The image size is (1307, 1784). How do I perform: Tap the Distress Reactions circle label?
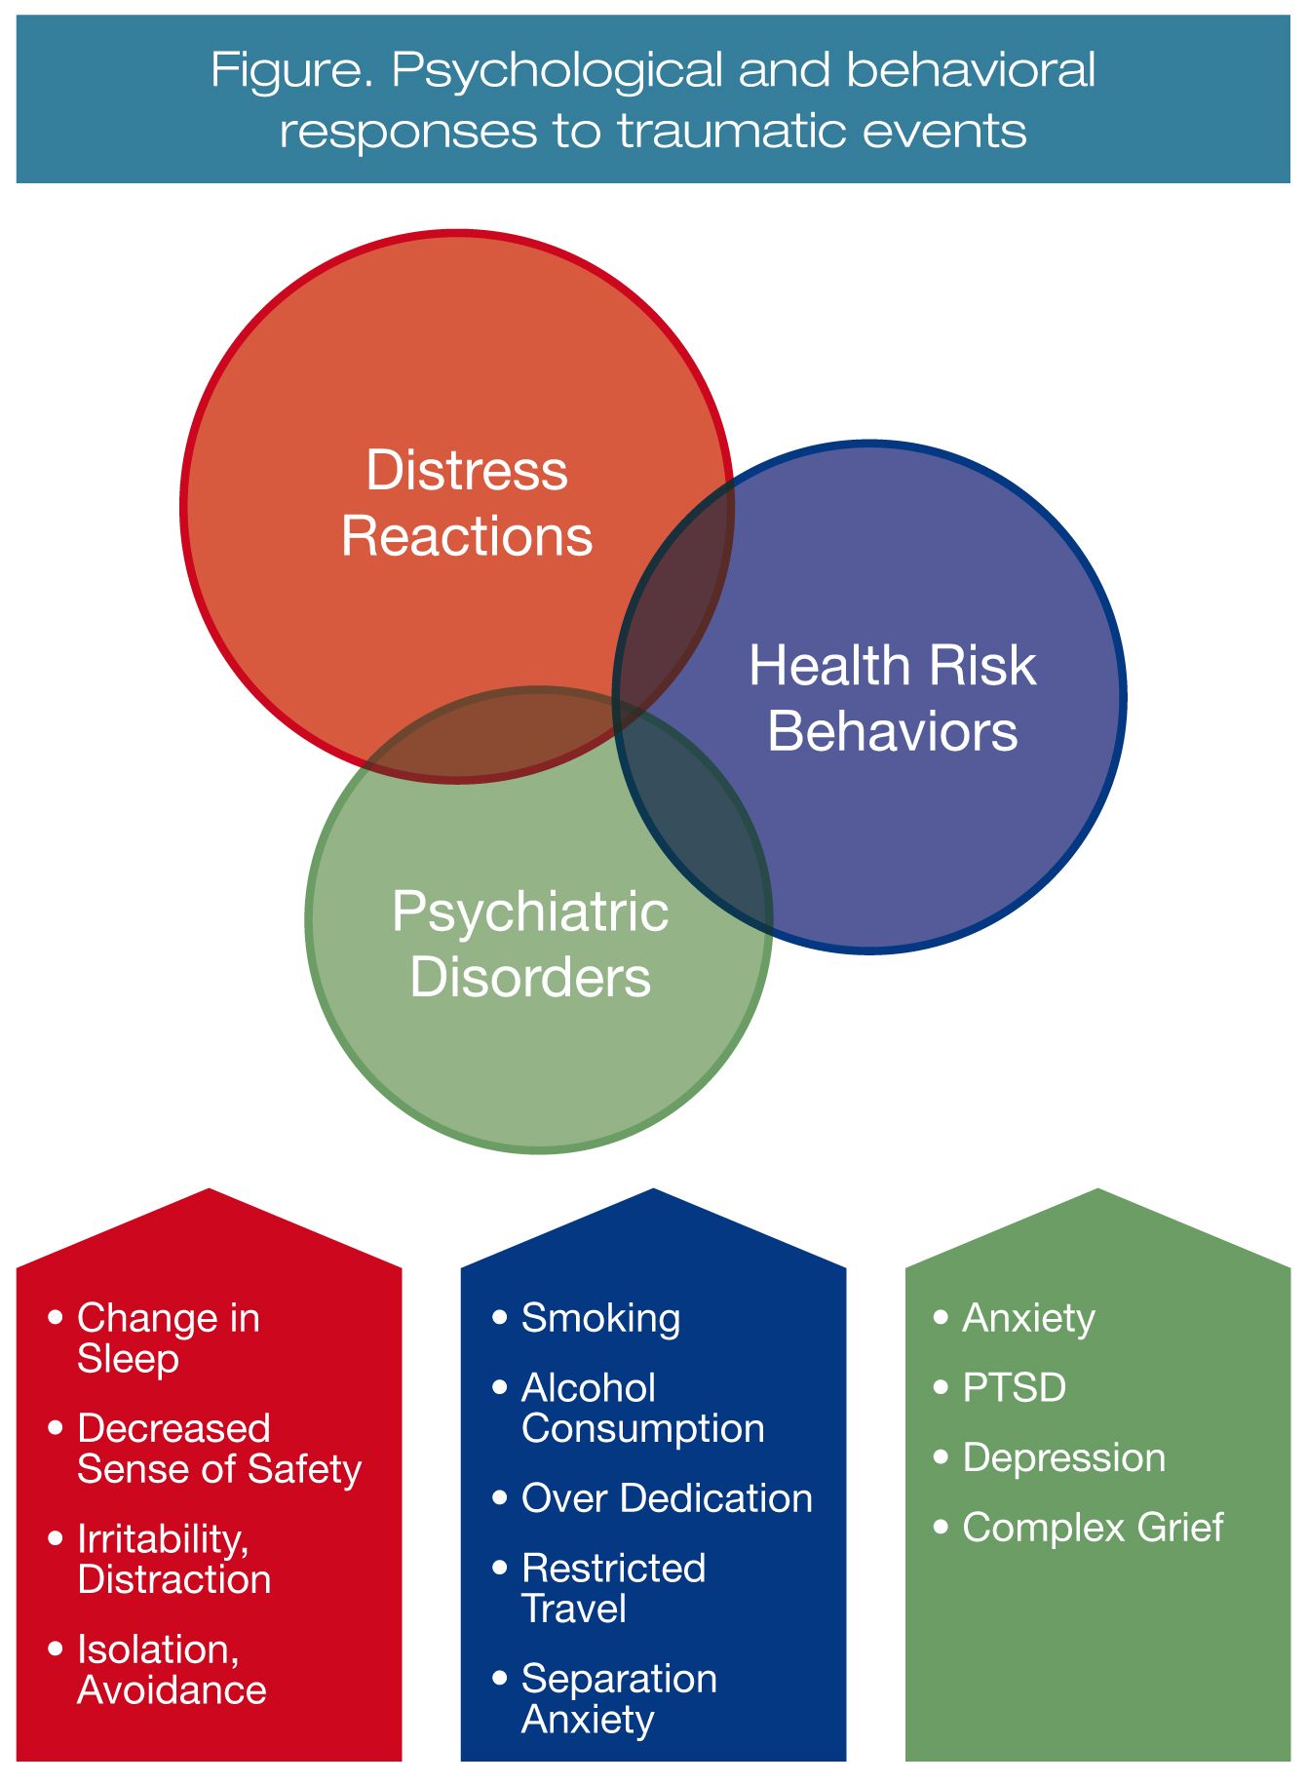pos(467,503)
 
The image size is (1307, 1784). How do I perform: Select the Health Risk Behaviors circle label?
pos(892,698)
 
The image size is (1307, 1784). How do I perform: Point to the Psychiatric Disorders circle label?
pos(530,944)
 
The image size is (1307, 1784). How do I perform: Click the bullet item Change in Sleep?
pos(168,1338)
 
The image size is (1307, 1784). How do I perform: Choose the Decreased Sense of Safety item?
pos(218,1449)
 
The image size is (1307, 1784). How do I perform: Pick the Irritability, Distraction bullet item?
pos(173,1559)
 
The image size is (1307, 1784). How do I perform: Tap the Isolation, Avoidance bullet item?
pos(171,1669)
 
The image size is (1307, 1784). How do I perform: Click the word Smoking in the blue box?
pos(600,1318)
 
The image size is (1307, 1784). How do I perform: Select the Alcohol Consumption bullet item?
pos(641,1408)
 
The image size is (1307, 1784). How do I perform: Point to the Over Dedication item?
pos(667,1498)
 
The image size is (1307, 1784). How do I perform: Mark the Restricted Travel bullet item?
pos(612,1588)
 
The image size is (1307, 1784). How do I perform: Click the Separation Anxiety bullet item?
pos(618,1698)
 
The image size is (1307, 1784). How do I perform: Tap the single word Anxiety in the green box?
pos(1028,1318)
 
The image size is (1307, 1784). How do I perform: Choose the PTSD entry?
pos(1014,1387)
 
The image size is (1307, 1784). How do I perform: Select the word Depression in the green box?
pos(1063,1457)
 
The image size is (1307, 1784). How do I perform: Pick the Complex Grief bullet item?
pos(1093,1528)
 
